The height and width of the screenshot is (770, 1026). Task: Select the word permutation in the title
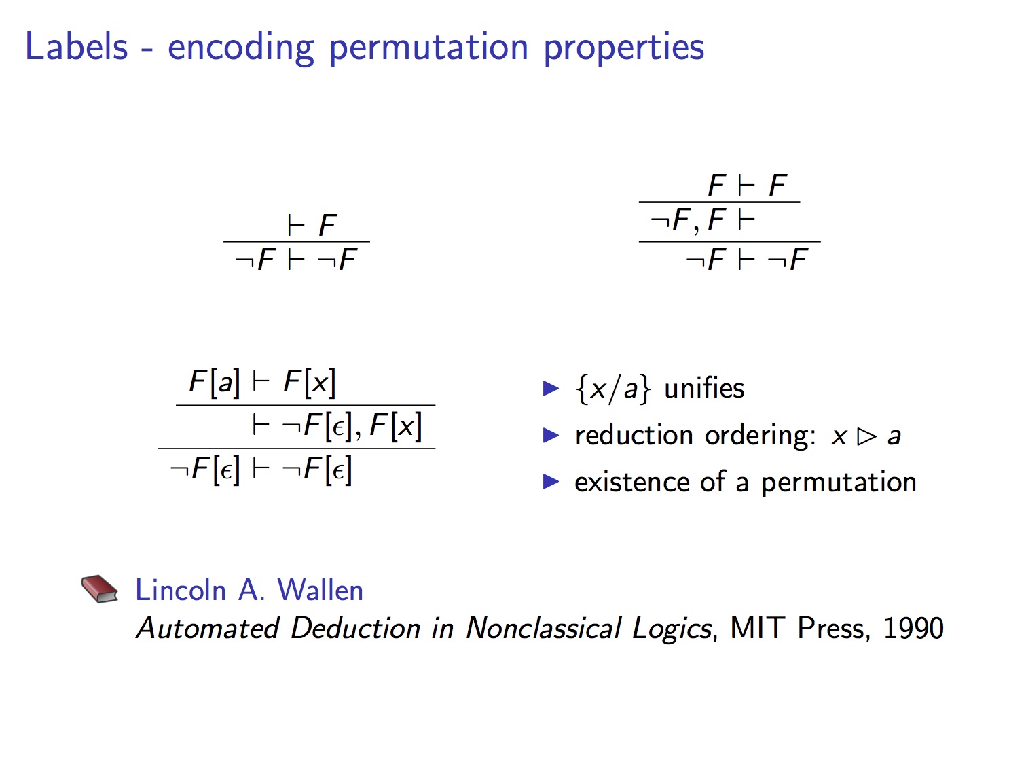click(428, 48)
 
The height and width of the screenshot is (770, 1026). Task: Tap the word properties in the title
click(624, 48)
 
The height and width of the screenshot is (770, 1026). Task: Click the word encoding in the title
click(241, 48)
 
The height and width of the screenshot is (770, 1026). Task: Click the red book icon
click(99, 589)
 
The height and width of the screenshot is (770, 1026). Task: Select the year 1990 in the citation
click(913, 628)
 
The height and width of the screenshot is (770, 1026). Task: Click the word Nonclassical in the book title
click(543, 628)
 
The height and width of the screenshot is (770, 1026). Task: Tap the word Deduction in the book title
click(355, 628)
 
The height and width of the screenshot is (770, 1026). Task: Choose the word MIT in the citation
click(756, 628)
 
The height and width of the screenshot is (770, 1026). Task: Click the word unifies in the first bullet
click(704, 388)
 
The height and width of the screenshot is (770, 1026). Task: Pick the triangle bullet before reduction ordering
click(551, 435)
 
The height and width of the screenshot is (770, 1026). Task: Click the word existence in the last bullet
click(632, 482)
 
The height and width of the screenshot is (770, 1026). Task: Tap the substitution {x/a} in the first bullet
click(613, 389)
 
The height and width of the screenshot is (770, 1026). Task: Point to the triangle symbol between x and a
click(866, 436)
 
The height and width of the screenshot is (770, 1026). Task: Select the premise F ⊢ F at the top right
click(747, 185)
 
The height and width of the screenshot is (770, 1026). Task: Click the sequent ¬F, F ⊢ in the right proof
click(703, 220)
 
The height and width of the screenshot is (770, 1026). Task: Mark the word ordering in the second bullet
click(760, 436)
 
